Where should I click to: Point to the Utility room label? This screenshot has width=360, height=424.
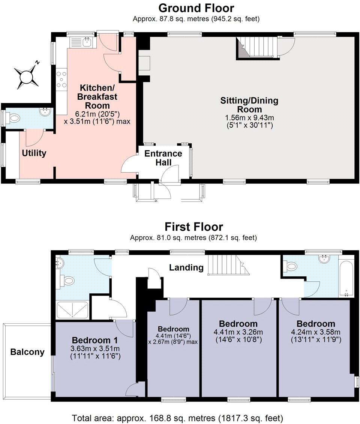34,153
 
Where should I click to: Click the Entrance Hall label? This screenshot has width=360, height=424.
163,158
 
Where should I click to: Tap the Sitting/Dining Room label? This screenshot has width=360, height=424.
249,105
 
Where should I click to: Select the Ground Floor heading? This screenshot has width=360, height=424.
196,8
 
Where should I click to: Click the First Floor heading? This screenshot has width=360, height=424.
193,227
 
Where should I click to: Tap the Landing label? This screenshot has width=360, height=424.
186,267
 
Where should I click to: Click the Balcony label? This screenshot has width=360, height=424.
27,352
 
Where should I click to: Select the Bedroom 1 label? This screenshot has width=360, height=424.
95,340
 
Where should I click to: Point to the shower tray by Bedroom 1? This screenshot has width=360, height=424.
72,310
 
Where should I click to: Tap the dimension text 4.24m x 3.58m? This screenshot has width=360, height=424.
315,332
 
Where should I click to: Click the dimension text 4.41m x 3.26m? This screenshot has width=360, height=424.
238,332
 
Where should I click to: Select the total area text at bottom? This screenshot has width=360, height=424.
177,418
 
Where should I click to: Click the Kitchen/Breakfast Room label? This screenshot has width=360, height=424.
97,96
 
